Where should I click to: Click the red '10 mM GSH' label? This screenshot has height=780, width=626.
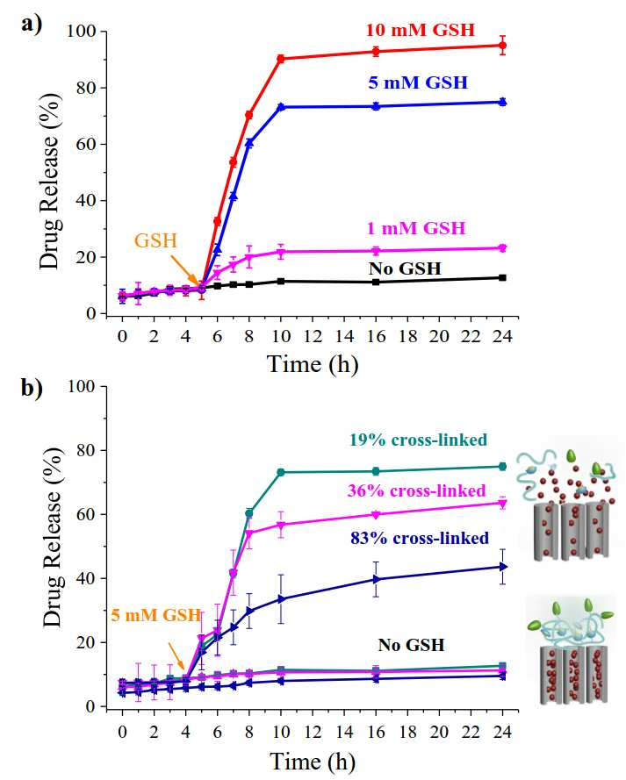[421, 30]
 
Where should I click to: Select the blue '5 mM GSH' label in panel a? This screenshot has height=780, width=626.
[418, 82]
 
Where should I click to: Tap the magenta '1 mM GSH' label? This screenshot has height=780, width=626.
[416, 228]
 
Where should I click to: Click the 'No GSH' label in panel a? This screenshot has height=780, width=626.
[405, 268]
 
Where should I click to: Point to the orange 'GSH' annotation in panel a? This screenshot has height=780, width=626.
[155, 240]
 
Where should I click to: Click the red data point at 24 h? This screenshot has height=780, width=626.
[502, 46]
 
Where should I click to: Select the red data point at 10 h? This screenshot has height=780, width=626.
[281, 59]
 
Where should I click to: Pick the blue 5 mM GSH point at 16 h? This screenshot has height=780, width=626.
[376, 106]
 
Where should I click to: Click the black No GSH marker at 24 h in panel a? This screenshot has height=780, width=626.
[502, 277]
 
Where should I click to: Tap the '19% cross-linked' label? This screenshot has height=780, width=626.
[418, 440]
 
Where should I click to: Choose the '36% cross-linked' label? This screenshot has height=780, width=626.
[416, 490]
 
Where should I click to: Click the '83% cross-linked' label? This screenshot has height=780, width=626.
[420, 538]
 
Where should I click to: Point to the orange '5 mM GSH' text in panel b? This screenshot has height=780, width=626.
[155, 615]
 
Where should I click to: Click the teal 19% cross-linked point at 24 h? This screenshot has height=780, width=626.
[502, 466]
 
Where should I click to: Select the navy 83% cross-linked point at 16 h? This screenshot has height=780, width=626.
[376, 579]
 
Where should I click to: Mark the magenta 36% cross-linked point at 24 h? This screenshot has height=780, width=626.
[502, 503]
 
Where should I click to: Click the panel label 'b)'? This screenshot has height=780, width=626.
[32, 389]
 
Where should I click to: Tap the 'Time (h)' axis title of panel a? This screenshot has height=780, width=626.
[313, 365]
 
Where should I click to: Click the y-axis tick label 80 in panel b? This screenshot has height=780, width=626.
[83, 450]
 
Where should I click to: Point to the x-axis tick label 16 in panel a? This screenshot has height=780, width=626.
[376, 337]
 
